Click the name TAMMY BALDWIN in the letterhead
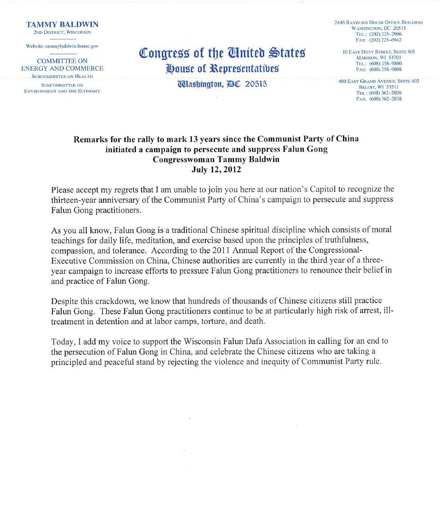(62, 25)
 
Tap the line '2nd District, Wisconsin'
(62, 33)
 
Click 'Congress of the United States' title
(222, 53)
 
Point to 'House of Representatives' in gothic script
(222, 69)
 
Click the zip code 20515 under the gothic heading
(256, 84)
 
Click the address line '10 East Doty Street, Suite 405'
(379, 52)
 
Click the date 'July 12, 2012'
(216, 169)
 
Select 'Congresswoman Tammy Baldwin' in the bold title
(216, 159)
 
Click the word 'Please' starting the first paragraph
(62, 190)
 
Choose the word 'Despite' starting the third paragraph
(64, 301)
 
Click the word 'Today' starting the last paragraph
(61, 341)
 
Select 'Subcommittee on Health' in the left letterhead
(62, 76)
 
